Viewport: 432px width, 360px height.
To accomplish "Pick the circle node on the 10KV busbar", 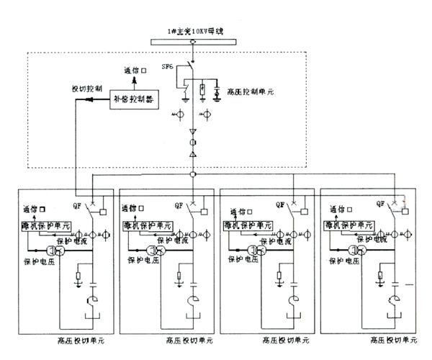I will [193, 41].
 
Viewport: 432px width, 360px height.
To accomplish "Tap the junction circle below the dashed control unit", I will [193, 175].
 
